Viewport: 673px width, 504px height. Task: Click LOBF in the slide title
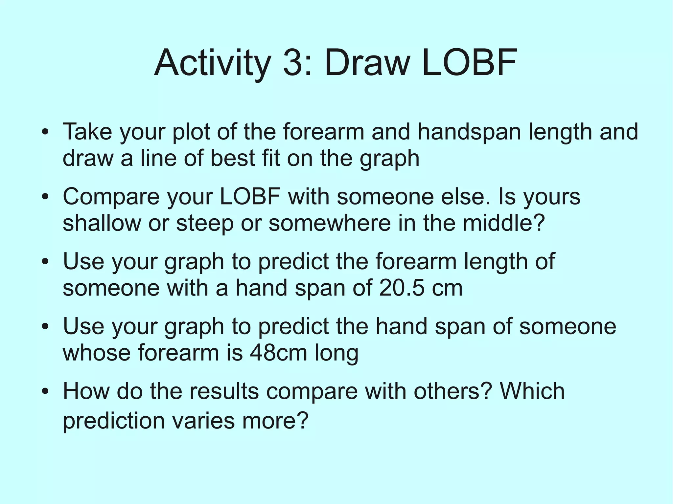tap(469, 62)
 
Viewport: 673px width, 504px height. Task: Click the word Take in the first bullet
tap(87, 132)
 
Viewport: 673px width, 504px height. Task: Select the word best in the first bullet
tap(232, 158)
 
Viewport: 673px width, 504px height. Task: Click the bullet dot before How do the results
tap(45, 391)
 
